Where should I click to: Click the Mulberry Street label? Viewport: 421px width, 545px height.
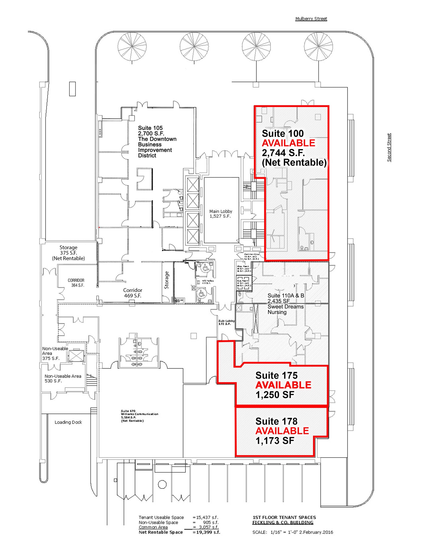tap(311, 19)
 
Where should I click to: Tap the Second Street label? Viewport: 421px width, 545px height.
tap(389, 147)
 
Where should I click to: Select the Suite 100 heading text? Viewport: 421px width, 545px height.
tap(282, 133)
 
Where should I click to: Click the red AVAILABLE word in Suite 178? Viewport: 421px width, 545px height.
tap(282, 431)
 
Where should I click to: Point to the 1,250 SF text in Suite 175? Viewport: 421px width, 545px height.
tap(275, 395)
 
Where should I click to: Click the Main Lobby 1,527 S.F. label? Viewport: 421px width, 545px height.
tap(220, 214)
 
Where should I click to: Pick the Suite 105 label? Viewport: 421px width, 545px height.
tap(150, 128)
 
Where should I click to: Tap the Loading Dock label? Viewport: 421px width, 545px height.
tap(68, 422)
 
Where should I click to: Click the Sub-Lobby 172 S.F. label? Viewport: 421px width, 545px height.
tap(226, 322)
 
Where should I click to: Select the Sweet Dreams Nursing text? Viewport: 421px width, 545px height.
tap(285, 309)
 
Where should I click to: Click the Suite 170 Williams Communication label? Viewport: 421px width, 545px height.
tap(139, 416)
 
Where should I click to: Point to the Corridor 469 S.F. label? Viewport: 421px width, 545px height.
tap(132, 293)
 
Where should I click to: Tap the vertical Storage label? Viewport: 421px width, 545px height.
tap(167, 280)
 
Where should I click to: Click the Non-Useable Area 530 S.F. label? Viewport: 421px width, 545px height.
tap(63, 378)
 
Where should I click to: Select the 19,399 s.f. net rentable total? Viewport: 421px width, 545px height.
tap(208, 532)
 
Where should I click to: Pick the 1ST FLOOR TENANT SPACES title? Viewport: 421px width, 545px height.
tap(284, 517)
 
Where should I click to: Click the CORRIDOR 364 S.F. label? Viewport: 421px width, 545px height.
tap(76, 283)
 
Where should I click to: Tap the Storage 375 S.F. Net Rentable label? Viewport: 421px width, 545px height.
tap(68, 253)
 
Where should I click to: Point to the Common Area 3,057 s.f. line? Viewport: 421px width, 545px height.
tap(178, 527)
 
